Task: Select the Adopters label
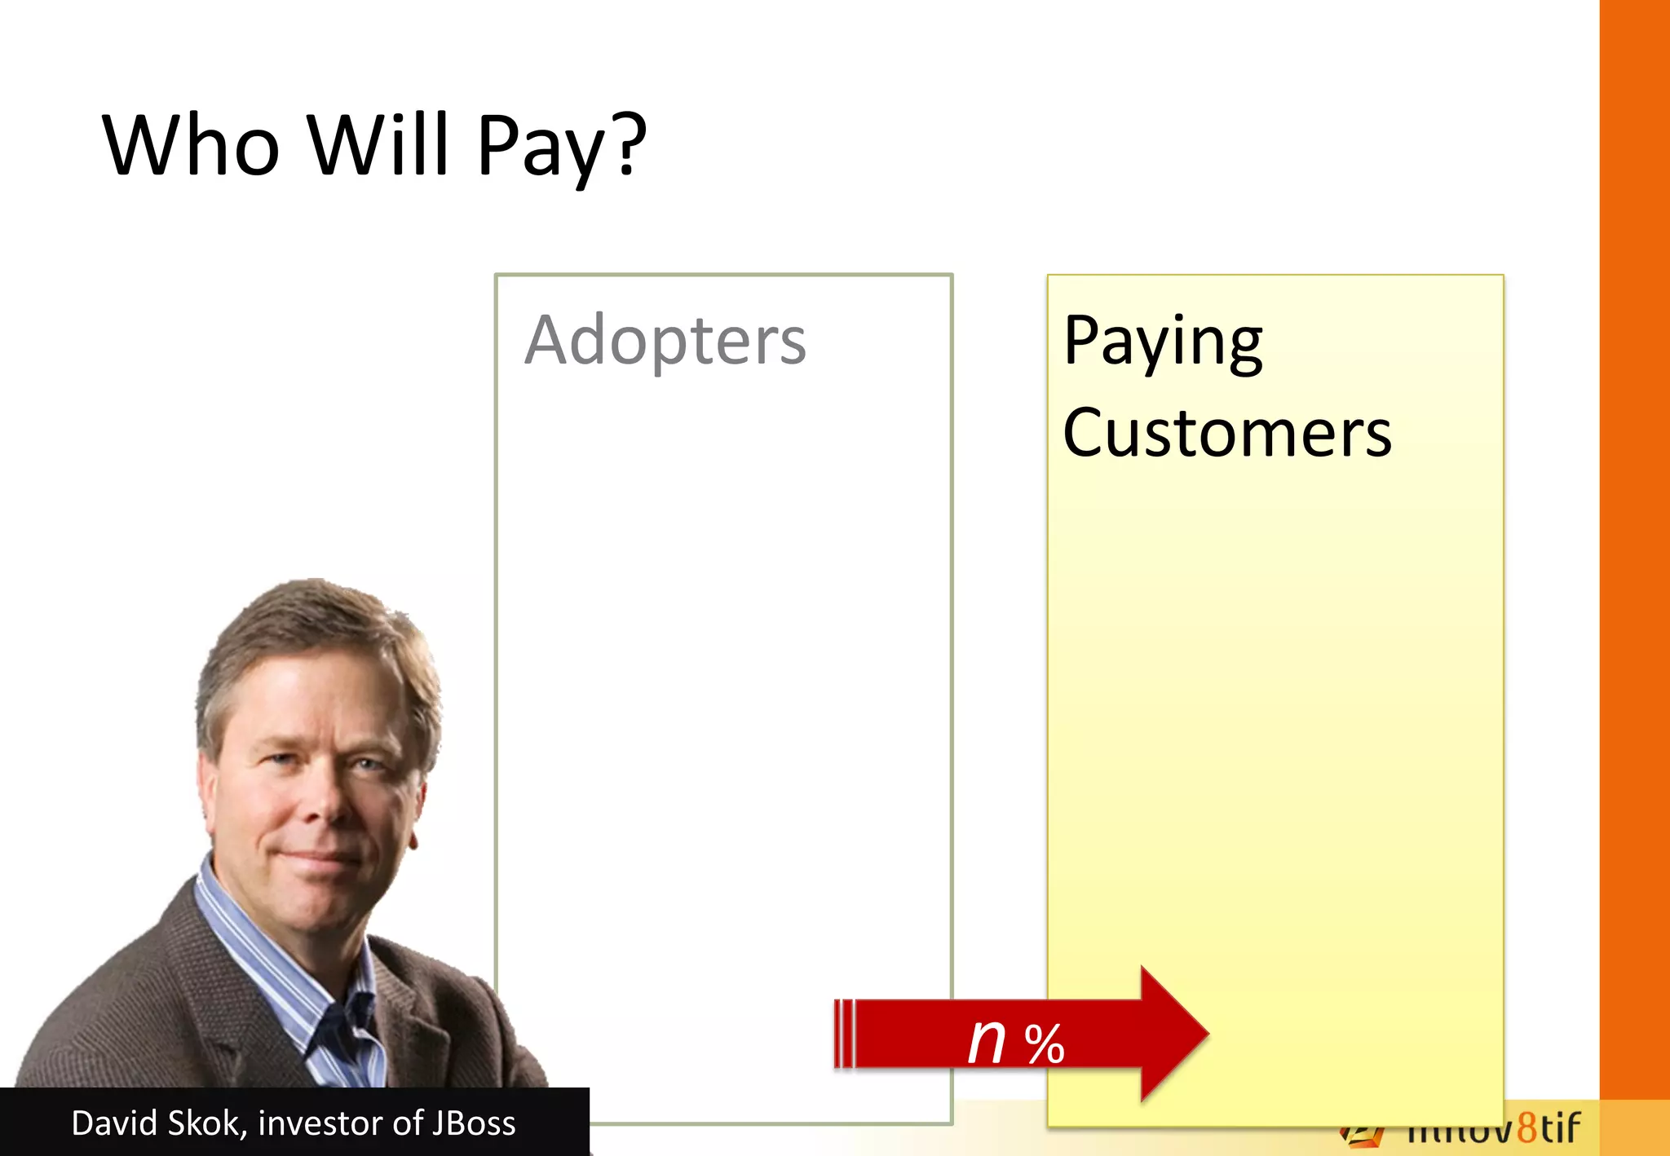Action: (665, 341)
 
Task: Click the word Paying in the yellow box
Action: (1163, 342)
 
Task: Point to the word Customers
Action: (1226, 434)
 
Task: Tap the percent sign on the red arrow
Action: (1045, 1044)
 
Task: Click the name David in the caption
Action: (114, 1123)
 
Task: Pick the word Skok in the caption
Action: (208, 1123)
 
